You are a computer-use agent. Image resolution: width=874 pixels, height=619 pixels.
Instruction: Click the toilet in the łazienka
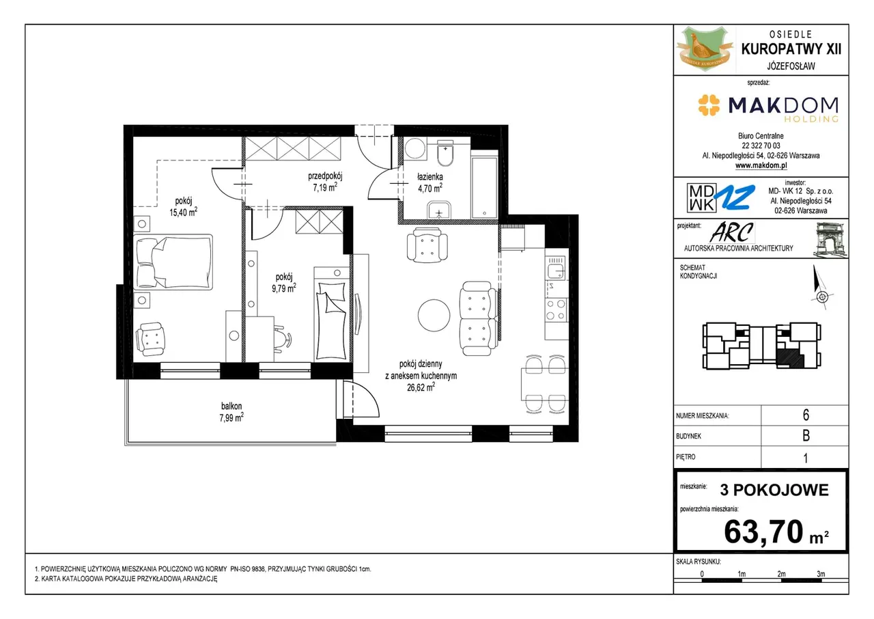tap(445, 154)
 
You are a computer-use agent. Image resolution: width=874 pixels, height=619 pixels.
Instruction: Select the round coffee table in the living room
tap(434, 316)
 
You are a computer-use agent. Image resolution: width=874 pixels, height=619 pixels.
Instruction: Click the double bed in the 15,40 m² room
tap(173, 262)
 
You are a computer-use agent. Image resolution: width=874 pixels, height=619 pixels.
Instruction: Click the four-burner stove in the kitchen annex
tap(556, 309)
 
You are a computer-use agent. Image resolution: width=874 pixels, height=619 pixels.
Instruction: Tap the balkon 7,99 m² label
tap(231, 412)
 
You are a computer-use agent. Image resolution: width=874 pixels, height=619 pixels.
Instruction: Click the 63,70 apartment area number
tap(763, 532)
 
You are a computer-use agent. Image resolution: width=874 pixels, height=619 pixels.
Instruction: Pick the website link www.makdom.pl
tap(761, 165)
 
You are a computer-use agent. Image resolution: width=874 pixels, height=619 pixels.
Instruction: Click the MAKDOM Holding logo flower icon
tap(709, 105)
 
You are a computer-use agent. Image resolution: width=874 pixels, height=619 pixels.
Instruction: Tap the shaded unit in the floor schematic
tap(790, 358)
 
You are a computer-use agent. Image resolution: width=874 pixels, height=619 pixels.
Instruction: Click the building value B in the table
tap(806, 436)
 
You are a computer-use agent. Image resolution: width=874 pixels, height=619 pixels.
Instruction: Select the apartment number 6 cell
tap(806, 415)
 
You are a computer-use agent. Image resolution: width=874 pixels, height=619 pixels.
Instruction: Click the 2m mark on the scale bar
tap(781, 574)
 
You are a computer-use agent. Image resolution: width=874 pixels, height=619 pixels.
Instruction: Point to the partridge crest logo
tap(705, 49)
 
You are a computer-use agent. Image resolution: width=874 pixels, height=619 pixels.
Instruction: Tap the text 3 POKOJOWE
tap(774, 490)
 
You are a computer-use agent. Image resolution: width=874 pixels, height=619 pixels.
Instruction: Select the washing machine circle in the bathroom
tap(414, 149)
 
